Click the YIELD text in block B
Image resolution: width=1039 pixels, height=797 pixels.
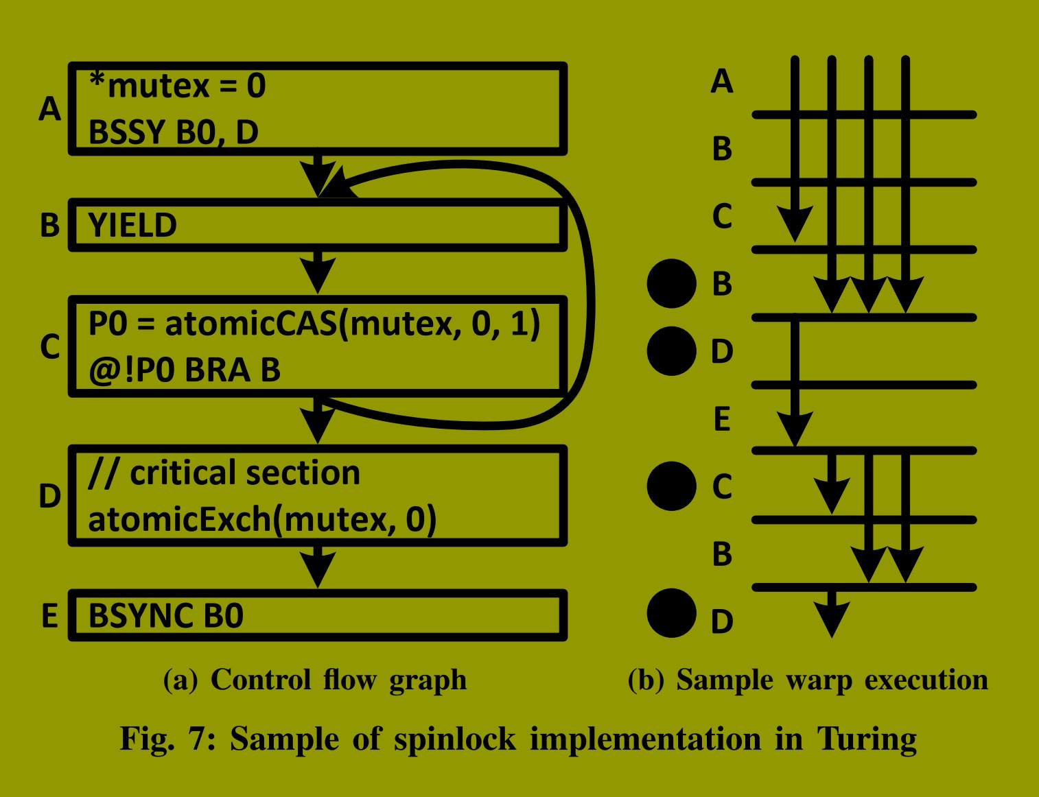(132, 226)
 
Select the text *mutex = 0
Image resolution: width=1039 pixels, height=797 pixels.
(177, 86)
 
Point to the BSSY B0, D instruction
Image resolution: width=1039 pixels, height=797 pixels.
(173, 132)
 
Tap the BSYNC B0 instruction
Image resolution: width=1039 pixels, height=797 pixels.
(165, 615)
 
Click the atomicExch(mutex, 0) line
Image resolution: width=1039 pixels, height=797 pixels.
(262, 519)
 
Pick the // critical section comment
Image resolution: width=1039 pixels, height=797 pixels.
(224, 473)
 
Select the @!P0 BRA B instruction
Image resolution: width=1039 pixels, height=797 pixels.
(184, 370)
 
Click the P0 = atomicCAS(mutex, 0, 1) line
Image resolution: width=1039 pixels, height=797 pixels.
(314, 323)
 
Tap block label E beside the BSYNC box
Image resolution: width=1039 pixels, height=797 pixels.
(49, 615)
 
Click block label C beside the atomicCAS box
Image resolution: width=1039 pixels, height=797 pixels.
(49, 346)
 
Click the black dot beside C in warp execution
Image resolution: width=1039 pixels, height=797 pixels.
(671, 486)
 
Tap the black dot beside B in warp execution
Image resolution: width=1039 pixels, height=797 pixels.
(671, 283)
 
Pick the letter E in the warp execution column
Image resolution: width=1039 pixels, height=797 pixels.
(722, 418)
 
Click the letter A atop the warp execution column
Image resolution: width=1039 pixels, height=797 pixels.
(722, 81)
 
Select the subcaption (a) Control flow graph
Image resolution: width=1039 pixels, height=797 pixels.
(315, 680)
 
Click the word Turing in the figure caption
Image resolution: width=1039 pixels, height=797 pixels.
(866, 739)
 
